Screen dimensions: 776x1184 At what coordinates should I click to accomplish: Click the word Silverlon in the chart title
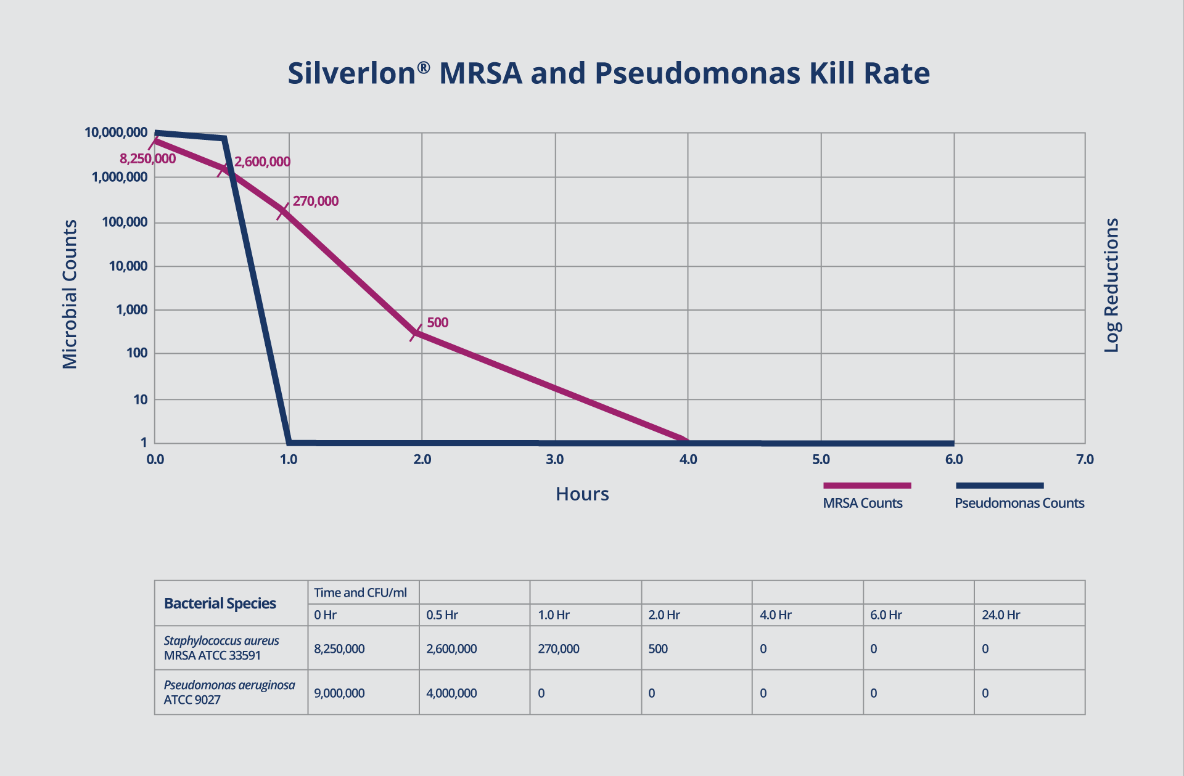pos(351,73)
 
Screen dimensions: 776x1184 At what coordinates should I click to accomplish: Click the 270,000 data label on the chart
pos(315,201)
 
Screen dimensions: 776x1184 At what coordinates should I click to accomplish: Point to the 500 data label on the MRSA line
pos(437,322)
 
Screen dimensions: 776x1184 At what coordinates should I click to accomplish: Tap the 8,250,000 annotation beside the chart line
pos(147,159)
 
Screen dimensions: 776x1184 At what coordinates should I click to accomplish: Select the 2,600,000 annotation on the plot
pos(262,161)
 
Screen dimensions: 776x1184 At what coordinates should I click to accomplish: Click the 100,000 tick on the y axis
pos(125,222)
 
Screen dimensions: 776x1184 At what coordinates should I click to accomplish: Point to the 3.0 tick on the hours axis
pos(554,459)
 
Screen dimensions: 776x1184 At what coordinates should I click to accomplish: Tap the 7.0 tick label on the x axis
pos(1084,459)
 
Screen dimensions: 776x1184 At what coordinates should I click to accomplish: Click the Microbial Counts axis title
pos(70,294)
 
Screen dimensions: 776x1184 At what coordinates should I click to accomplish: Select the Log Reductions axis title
pos(1111,285)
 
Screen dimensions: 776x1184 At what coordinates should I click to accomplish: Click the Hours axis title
pos(582,494)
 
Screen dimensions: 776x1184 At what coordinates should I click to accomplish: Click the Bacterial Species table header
pos(220,603)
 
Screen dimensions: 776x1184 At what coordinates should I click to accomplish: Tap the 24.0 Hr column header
pos(1000,615)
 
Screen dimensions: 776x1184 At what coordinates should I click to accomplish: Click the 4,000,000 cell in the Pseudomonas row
pos(451,693)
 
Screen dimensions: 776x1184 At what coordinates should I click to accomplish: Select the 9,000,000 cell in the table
pos(339,693)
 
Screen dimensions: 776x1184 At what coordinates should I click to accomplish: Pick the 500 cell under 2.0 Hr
pos(657,648)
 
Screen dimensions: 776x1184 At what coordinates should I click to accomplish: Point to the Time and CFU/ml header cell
pos(360,592)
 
